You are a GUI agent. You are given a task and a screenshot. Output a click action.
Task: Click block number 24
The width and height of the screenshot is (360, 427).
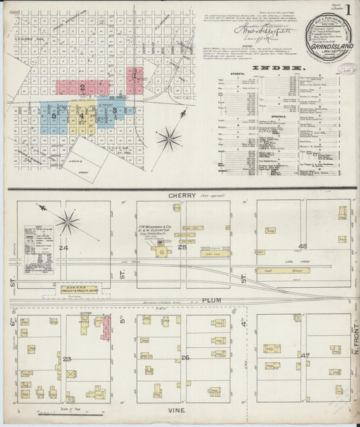click(63, 248)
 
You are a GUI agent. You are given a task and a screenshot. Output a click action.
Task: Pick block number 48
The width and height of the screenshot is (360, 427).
click(303, 246)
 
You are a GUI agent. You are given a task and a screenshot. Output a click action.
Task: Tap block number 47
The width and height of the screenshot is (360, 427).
click(305, 355)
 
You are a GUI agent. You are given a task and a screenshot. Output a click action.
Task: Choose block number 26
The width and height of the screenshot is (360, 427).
click(185, 357)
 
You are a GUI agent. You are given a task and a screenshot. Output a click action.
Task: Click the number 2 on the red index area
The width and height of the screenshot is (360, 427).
click(82, 86)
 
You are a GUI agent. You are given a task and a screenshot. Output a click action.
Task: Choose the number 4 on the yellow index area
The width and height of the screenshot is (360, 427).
click(82, 116)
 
